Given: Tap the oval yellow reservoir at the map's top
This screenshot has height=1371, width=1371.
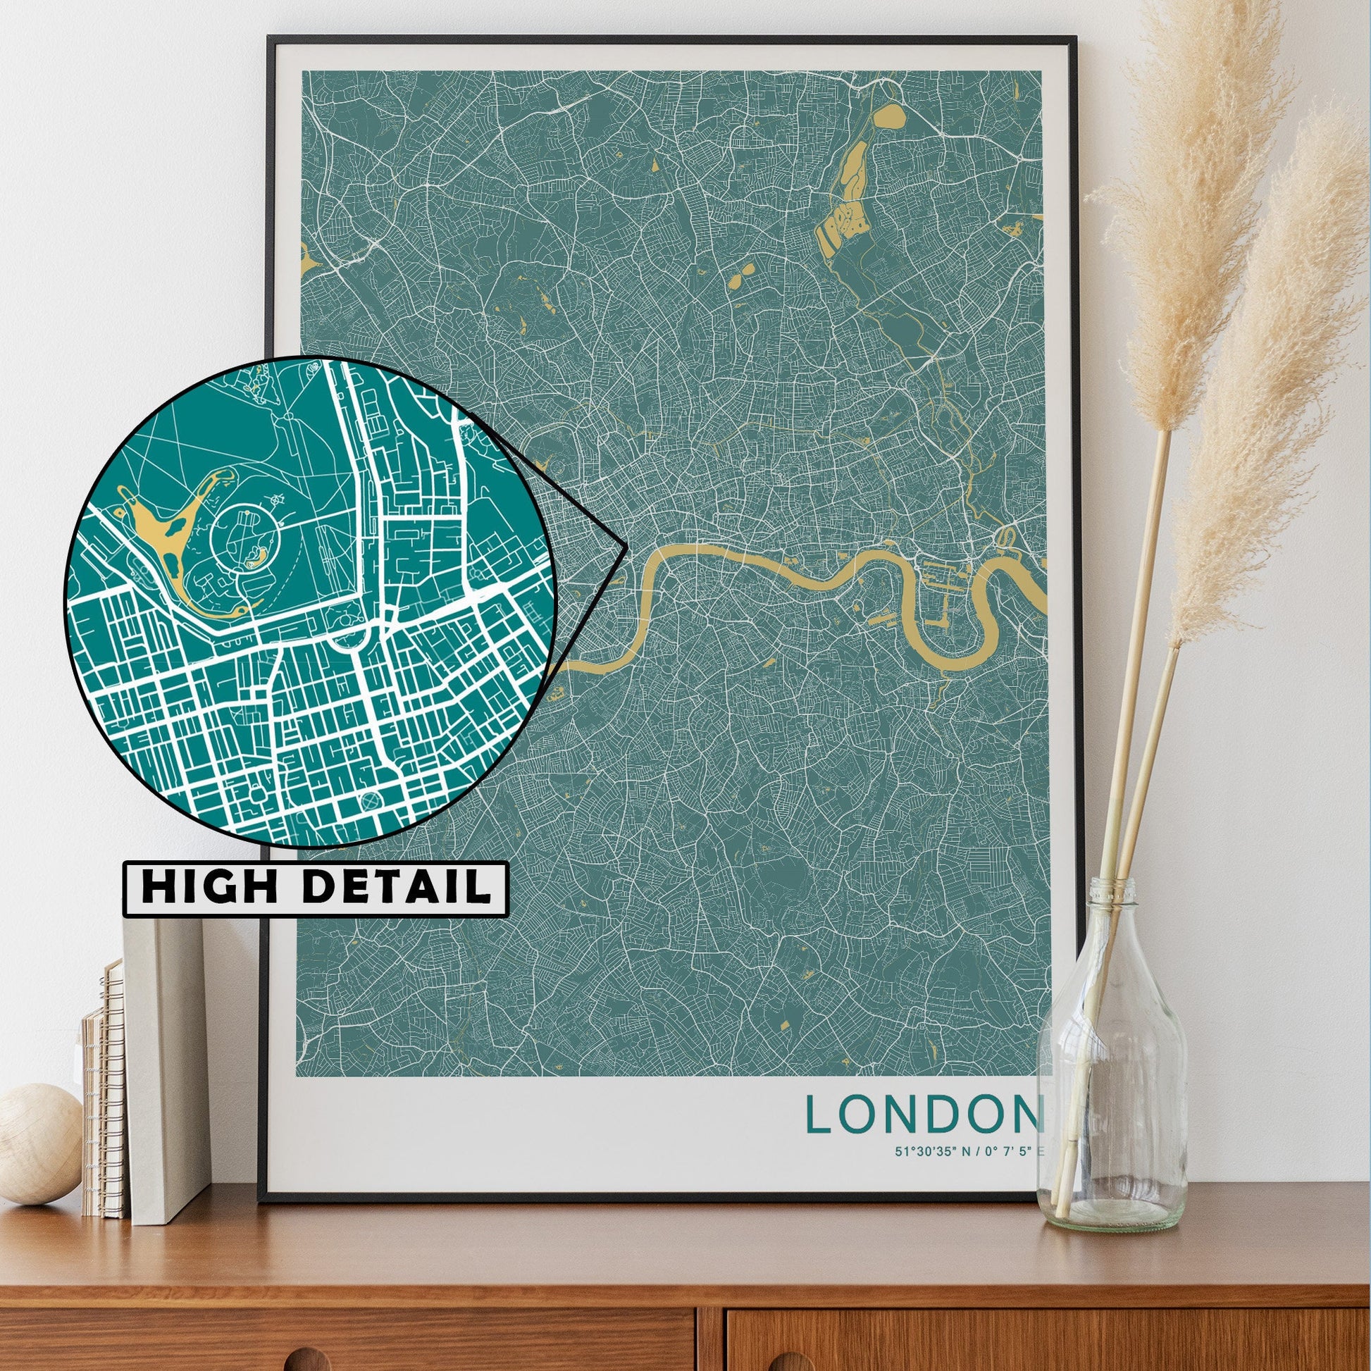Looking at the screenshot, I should point(889,116).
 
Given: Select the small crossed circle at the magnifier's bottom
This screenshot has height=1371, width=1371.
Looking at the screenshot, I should point(371,801).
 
